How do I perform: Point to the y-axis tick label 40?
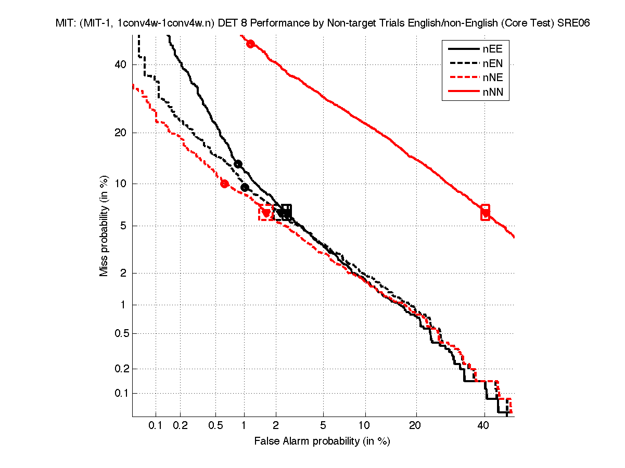tap(121, 64)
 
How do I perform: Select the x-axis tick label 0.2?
tap(181, 426)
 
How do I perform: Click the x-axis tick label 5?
tap(323, 426)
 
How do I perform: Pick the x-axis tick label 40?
tap(483, 426)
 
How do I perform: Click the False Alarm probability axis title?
tap(322, 441)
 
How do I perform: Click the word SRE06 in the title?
tap(572, 23)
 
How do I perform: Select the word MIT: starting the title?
tap(66, 23)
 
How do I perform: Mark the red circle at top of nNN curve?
tap(250, 44)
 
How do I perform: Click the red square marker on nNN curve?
tap(485, 212)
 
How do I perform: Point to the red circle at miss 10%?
tap(224, 184)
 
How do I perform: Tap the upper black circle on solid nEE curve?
tap(238, 164)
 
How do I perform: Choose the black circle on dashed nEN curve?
tap(245, 187)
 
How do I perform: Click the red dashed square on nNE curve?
tap(266, 212)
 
